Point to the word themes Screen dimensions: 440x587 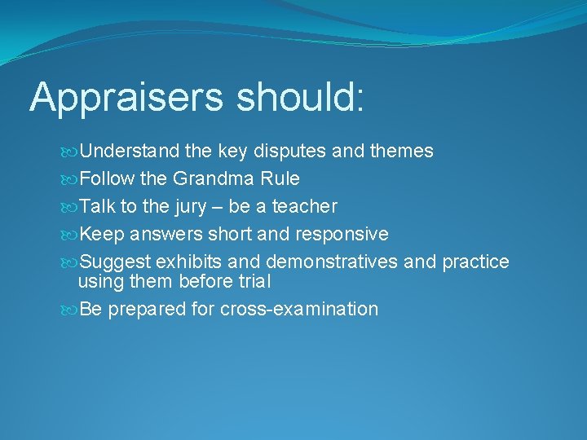(402, 151)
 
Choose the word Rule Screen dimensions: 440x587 (282, 178)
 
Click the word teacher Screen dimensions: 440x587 (304, 206)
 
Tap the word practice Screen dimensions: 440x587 (475, 262)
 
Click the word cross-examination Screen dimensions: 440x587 (299, 309)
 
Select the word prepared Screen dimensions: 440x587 (142, 309)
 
